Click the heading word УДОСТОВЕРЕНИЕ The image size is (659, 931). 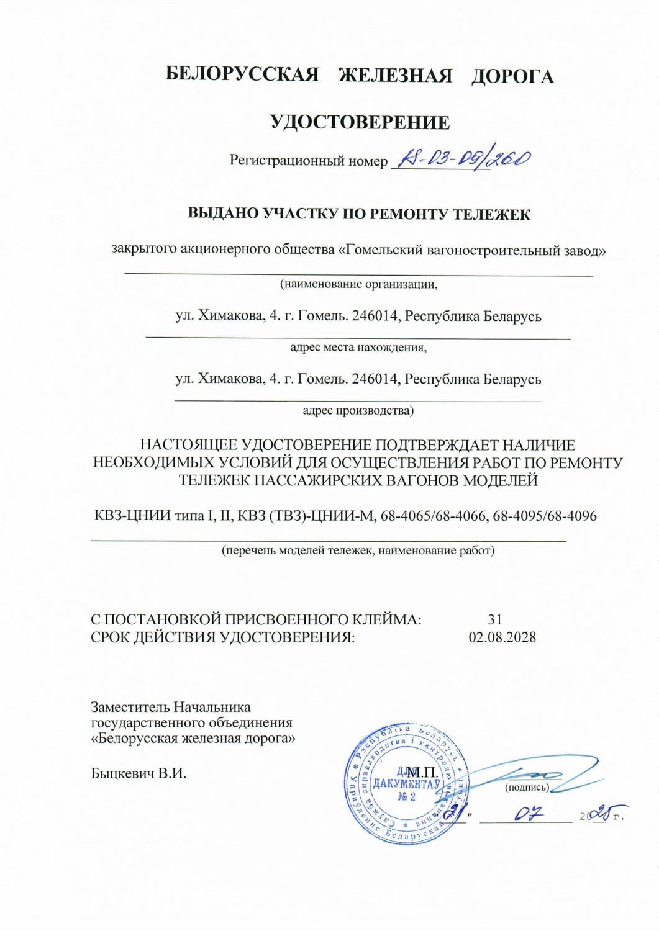pyautogui.click(x=360, y=122)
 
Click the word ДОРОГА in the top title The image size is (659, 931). pyautogui.click(x=512, y=76)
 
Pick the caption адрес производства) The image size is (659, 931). pyautogui.click(x=358, y=410)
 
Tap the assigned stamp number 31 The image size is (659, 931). pyautogui.click(x=495, y=619)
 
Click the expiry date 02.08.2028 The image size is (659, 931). pyautogui.click(x=502, y=637)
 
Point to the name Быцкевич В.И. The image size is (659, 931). pyautogui.click(x=139, y=774)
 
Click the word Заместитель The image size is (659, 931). pyautogui.click(x=130, y=707)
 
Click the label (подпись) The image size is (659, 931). pyautogui.click(x=527, y=788)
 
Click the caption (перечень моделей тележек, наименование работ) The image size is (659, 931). pyautogui.click(x=358, y=550)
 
